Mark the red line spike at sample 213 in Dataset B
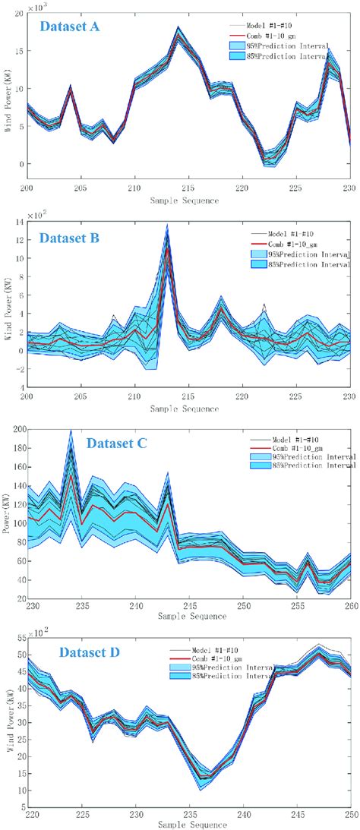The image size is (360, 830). [x=167, y=248]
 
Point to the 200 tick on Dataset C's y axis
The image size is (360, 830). [x=17, y=429]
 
